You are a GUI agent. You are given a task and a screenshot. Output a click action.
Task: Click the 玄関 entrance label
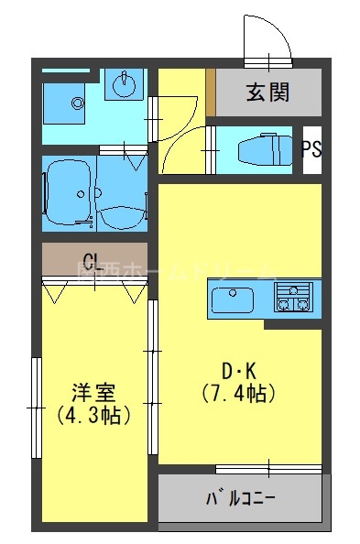[267, 92]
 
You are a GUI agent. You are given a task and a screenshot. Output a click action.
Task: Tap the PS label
[311, 149]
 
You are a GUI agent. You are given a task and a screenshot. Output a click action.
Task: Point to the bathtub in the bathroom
[69, 192]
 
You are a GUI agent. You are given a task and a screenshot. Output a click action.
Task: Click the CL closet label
[92, 258]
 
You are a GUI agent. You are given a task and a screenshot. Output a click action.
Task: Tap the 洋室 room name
[93, 392]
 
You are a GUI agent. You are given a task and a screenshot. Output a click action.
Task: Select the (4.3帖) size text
[93, 414]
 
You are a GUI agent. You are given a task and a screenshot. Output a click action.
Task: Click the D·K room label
[240, 371]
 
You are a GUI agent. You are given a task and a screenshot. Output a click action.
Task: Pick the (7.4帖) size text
[240, 394]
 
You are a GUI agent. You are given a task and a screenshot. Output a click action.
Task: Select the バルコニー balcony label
[240, 500]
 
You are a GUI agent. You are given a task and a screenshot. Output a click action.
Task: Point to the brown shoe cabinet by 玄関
[210, 92]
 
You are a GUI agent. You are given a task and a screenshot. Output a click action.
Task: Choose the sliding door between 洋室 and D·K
[153, 375]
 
